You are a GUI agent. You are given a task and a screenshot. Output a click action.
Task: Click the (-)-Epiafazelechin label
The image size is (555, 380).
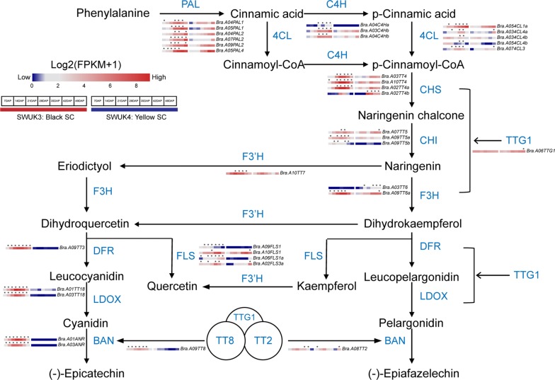coord(410,372)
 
